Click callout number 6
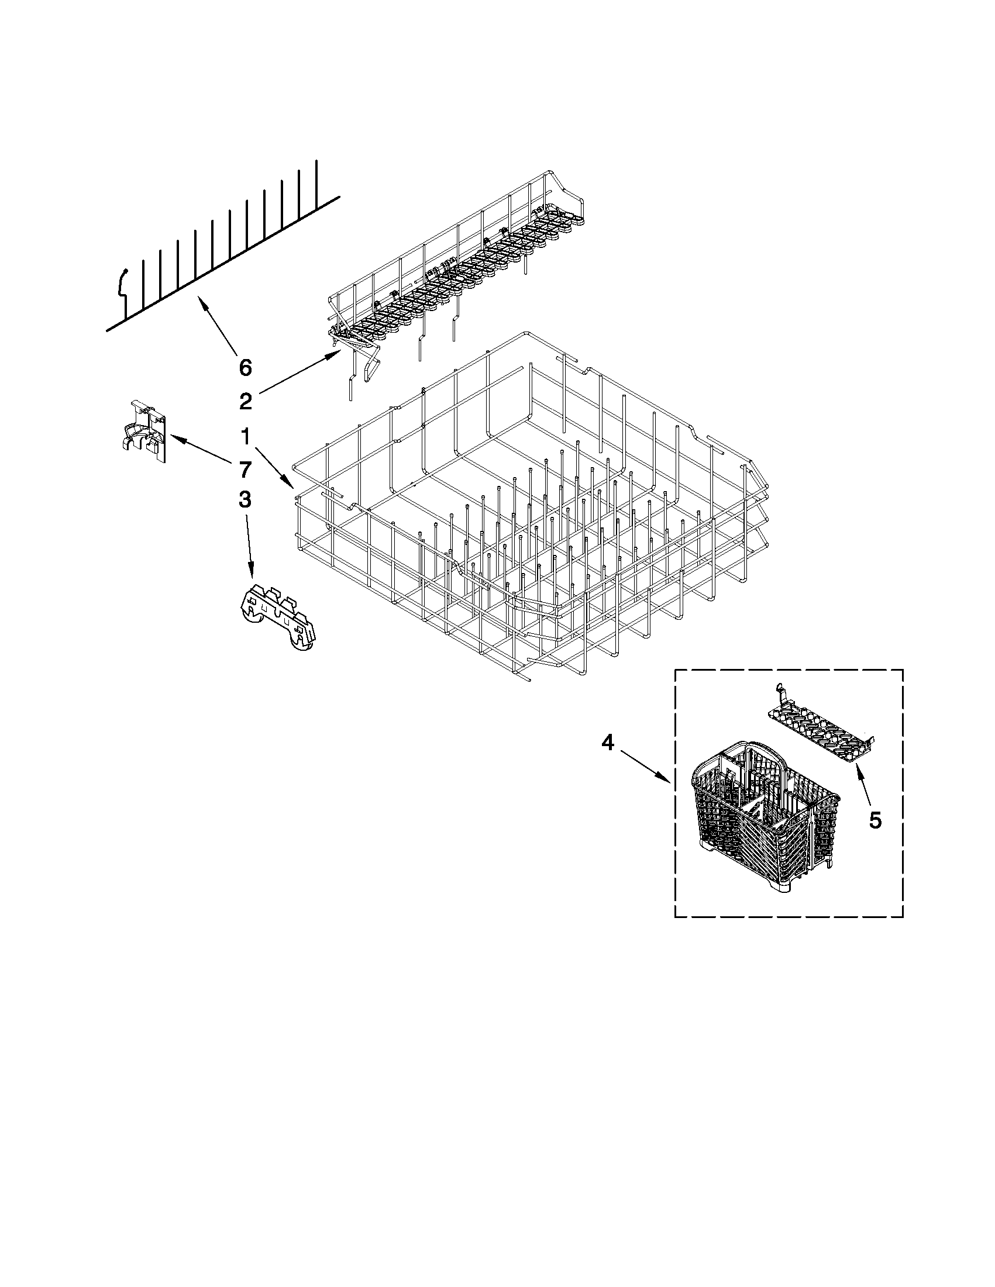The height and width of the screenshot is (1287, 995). pyautogui.click(x=245, y=368)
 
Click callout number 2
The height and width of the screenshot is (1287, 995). pyautogui.click(x=245, y=402)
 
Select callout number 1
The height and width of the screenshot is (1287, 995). pyautogui.click(x=245, y=437)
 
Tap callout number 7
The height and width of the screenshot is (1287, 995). pyautogui.click(x=245, y=470)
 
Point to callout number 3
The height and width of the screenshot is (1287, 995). pyautogui.click(x=245, y=501)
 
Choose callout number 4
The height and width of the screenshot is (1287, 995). pyautogui.click(x=608, y=744)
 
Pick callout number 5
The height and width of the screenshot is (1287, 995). pyautogui.click(x=875, y=820)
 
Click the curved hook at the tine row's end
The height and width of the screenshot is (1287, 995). pyautogui.click(x=122, y=283)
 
